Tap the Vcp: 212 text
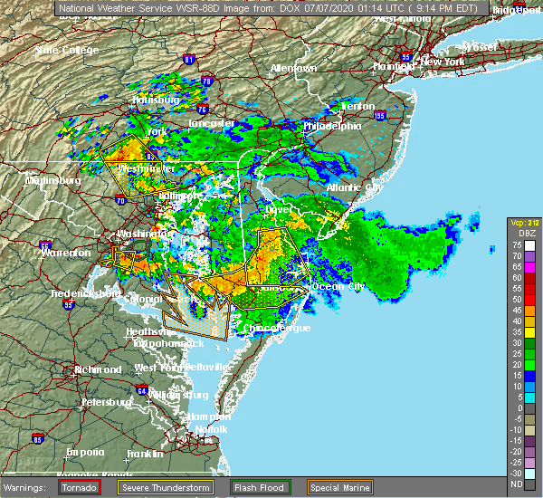(x=524, y=223)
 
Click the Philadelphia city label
(x=333, y=126)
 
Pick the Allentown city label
(x=293, y=68)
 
